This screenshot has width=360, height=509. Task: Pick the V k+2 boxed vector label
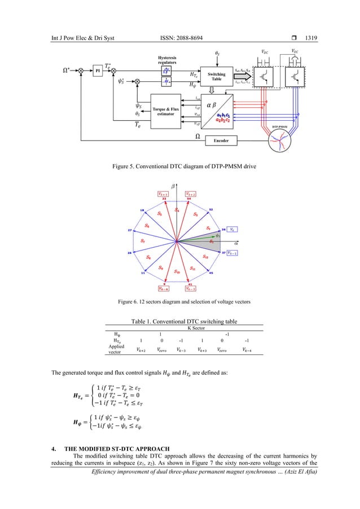(x=191, y=194)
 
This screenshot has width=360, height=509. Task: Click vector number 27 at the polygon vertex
(x=130, y=231)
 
